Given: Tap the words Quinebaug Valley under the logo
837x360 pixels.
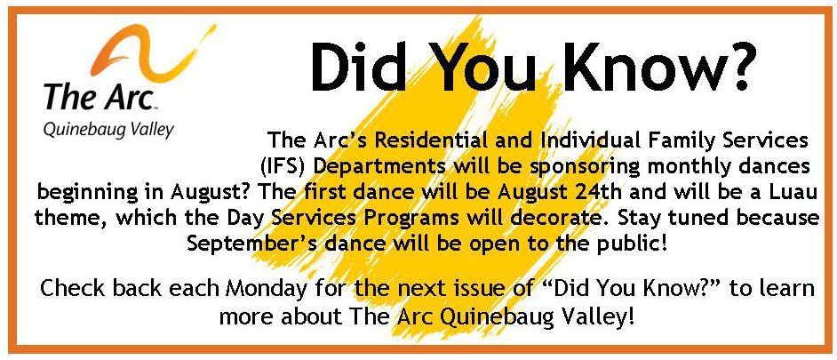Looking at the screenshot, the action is pos(108,131).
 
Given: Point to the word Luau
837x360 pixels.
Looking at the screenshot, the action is pos(796,192).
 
